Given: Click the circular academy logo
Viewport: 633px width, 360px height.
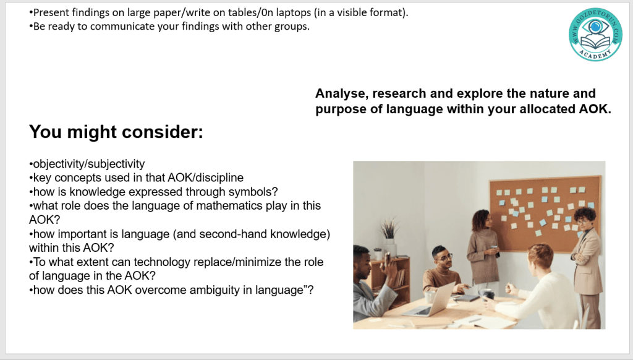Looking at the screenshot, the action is pyautogui.click(x=595, y=35).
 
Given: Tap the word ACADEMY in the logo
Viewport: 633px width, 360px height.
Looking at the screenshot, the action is pyautogui.click(x=595, y=54).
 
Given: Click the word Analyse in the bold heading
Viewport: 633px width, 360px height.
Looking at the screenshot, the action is pyautogui.click(x=342, y=94).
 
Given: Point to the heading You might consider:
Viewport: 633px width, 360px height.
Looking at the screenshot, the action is pyautogui.click(x=116, y=132).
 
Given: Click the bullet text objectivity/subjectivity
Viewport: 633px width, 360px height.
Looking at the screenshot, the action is pyautogui.click(x=87, y=164).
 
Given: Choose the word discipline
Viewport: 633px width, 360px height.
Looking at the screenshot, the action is pyautogui.click(x=219, y=178).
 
